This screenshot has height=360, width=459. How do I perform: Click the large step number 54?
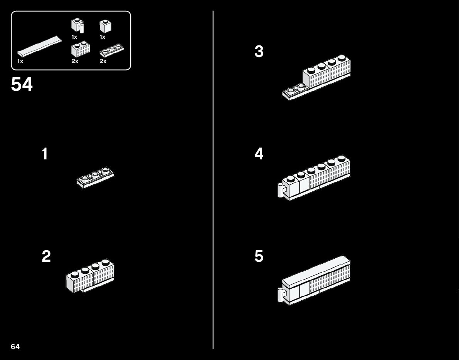tap(22, 85)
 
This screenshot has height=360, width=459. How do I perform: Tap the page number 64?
tap(15, 347)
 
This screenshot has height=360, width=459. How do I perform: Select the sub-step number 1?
tap(45, 154)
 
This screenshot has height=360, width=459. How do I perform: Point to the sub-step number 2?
tap(46, 256)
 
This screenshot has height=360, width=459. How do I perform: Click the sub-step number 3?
tap(259, 52)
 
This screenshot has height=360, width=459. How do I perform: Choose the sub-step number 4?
tap(259, 154)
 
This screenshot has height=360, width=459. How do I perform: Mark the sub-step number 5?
tap(259, 256)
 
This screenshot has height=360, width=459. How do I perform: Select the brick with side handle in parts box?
tap(77, 26)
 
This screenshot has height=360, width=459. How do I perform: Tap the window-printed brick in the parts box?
tap(81, 50)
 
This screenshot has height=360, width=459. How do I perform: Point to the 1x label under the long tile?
tap(20, 61)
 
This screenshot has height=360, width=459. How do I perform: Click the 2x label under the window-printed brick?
tap(75, 61)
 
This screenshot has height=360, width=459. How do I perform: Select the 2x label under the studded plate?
tap(103, 61)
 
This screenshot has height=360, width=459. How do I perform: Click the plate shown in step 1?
tap(95, 178)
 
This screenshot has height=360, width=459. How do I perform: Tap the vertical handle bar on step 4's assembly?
tap(280, 191)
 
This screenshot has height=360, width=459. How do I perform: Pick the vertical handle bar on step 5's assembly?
tap(280, 295)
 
